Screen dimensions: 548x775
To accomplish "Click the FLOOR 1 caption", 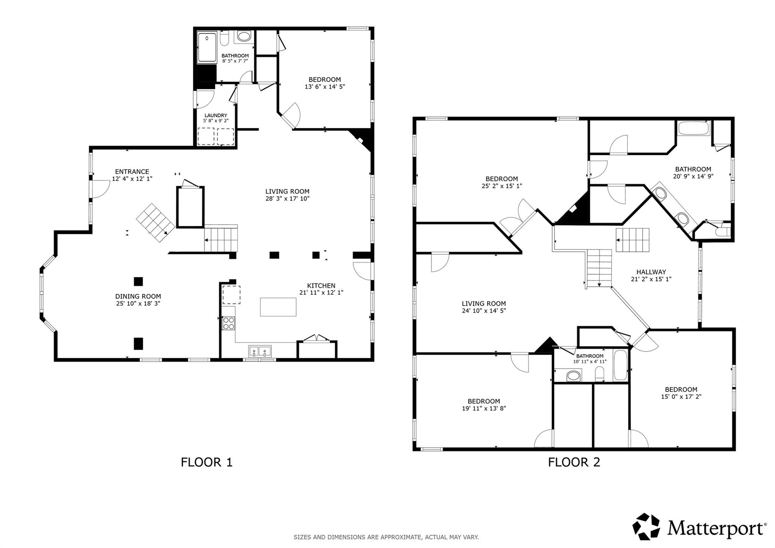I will tap(206, 462).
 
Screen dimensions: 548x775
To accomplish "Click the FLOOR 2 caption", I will tap(574, 462).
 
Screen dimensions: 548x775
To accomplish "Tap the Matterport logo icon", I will tap(646, 526).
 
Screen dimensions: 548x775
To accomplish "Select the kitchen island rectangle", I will tap(278, 307).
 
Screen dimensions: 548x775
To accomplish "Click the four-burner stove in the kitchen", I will tap(229, 324).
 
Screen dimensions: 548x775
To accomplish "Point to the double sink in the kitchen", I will tap(260, 351).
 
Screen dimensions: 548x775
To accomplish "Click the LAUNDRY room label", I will tap(216, 115).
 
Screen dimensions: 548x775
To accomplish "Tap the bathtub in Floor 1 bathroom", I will tap(207, 48).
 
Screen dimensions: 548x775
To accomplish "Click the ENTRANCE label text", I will tap(132, 171).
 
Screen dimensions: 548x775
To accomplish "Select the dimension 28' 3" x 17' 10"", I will tap(287, 198).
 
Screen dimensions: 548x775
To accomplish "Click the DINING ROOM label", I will tap(138, 296).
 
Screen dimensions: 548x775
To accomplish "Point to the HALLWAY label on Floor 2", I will tap(651, 272).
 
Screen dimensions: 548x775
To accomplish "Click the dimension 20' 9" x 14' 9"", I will tap(693, 176).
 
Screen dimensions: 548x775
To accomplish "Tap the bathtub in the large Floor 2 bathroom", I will tap(693, 128).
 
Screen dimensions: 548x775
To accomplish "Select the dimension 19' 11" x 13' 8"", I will tap(484, 408).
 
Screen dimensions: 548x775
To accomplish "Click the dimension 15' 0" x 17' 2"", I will tap(681, 397).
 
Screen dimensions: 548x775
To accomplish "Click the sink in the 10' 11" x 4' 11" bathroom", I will tap(573, 376).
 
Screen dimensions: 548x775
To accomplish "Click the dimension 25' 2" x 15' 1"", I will tap(501, 186).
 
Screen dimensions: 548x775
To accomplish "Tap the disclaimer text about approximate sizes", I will tap(386, 537).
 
